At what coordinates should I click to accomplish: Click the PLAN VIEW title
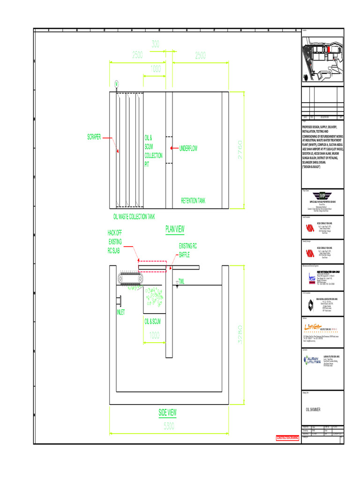point(175,229)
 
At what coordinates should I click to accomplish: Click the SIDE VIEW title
point(167,412)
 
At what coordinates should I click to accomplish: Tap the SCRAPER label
point(94,137)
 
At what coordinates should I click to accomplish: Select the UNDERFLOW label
point(188,149)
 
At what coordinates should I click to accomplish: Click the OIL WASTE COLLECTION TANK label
point(134,217)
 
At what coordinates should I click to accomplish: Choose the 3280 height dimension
point(240,336)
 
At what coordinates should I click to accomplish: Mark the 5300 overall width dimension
point(169,426)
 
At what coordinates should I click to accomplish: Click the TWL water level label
point(181,281)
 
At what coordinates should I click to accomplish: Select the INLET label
point(120,312)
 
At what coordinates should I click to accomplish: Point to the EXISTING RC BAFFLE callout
point(188,250)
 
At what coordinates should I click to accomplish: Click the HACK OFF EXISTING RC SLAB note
point(115,242)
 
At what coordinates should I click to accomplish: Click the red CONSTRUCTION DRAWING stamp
point(287,438)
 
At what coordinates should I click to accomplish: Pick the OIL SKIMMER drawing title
point(313,409)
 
